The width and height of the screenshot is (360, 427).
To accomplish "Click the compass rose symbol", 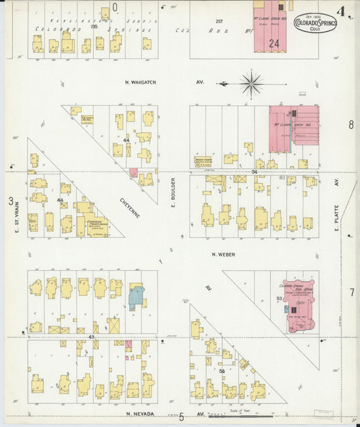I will pos(251,84).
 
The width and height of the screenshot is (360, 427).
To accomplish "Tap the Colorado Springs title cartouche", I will pos(315,25).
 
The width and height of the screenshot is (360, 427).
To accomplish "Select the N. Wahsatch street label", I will pos(140,82).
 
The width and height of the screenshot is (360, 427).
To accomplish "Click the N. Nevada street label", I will pos(140,413).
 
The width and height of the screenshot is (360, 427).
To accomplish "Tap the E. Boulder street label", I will pos(173,193).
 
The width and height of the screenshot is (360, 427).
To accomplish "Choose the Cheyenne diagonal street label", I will pos(130,207).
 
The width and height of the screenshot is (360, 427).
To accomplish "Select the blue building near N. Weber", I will pos(136,296).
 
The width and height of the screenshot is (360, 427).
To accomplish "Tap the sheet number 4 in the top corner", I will pos(344,11).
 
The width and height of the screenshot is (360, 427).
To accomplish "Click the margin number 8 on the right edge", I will pos(351,125).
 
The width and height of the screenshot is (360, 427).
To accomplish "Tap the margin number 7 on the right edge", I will pos(351,292).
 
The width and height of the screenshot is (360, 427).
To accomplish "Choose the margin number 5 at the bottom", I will pos(181,417).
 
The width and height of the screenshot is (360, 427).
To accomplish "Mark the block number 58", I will pos(222,372).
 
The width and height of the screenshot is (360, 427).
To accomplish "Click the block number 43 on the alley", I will pos(91,336).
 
